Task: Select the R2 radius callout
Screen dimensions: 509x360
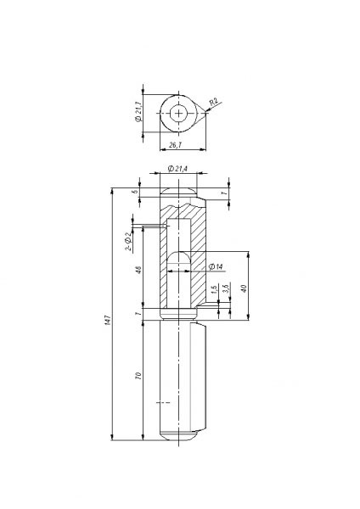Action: [214, 103]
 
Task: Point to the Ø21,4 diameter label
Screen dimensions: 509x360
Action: [177, 170]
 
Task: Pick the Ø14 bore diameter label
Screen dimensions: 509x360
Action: [216, 267]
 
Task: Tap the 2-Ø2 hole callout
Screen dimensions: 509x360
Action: [128, 242]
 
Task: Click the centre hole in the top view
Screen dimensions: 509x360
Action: [179, 113]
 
